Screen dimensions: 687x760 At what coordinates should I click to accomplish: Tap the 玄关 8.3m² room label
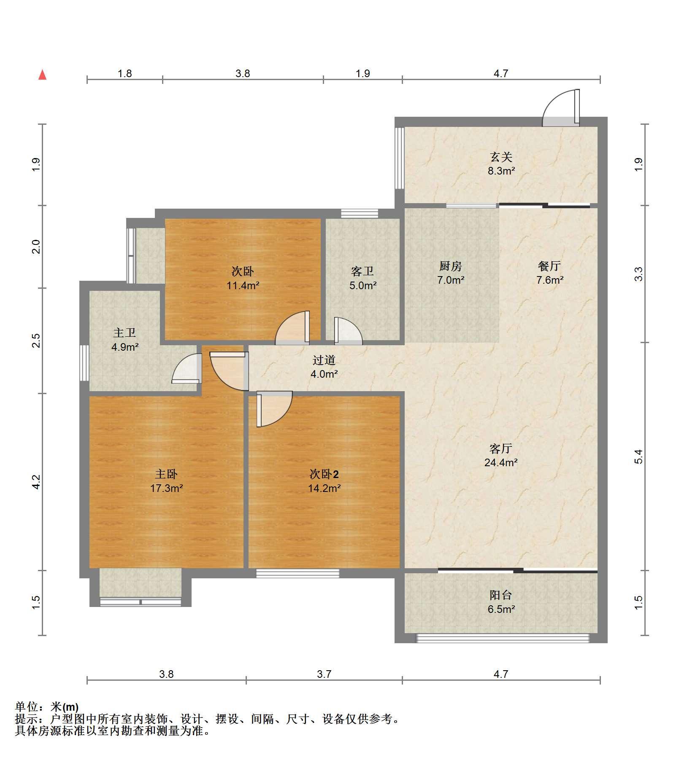coord(501,164)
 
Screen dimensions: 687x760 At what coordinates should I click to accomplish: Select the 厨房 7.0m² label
coord(451,273)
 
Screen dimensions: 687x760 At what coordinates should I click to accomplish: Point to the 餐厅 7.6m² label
coord(550,273)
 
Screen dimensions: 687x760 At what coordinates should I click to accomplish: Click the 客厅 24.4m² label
coord(501,455)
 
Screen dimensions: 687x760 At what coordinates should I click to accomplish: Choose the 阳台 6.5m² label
coord(501,602)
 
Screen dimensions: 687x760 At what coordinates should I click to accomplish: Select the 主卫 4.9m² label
coord(125,340)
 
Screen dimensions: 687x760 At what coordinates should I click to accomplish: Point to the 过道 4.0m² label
coord(324,367)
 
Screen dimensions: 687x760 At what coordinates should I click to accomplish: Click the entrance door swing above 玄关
coord(561,108)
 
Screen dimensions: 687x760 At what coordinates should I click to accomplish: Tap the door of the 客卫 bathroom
coord(348,331)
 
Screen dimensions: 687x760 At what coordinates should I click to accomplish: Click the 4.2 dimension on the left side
coord(36,482)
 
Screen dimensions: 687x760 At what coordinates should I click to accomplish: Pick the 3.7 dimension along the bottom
coord(324,674)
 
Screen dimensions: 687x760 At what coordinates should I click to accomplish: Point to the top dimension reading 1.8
coord(124,73)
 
